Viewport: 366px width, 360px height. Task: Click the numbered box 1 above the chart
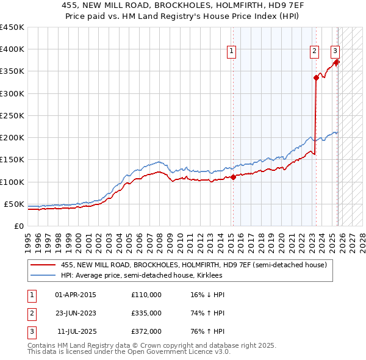(232, 52)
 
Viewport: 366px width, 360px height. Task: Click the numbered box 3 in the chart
(335, 52)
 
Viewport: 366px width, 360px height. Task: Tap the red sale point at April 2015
(233, 178)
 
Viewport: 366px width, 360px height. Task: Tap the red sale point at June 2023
(316, 77)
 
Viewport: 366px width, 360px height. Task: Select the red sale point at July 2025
(337, 61)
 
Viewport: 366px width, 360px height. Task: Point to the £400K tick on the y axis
(12, 49)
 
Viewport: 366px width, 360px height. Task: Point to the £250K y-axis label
(12, 115)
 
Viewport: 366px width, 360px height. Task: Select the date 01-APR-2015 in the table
(75, 295)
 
